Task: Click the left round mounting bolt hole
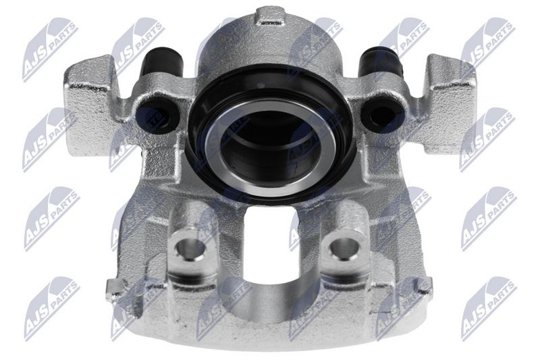190,247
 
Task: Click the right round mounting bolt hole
345,247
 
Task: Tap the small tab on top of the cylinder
271,16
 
